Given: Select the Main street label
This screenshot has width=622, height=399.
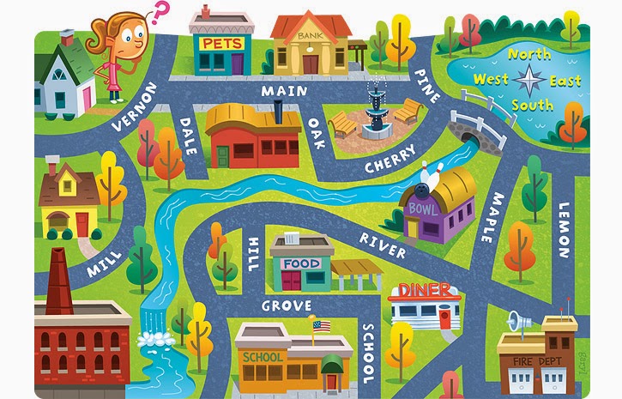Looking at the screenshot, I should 284,89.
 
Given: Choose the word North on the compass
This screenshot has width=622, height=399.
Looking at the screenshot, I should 529,54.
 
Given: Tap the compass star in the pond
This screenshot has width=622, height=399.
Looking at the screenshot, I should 528,81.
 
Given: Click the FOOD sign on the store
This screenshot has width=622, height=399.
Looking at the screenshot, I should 301,263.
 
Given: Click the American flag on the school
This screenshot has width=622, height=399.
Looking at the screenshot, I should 322,326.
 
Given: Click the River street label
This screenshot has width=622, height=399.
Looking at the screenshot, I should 383,244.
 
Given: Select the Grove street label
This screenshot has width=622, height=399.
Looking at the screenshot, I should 287,305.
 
